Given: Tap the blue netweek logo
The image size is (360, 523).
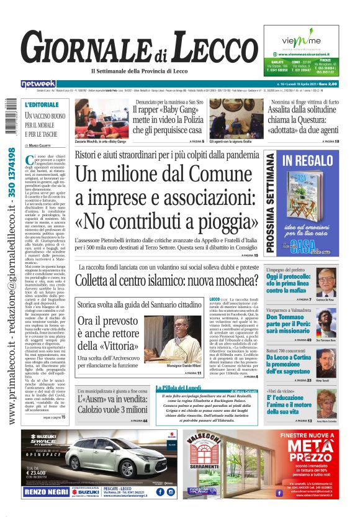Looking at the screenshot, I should click(38, 83).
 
